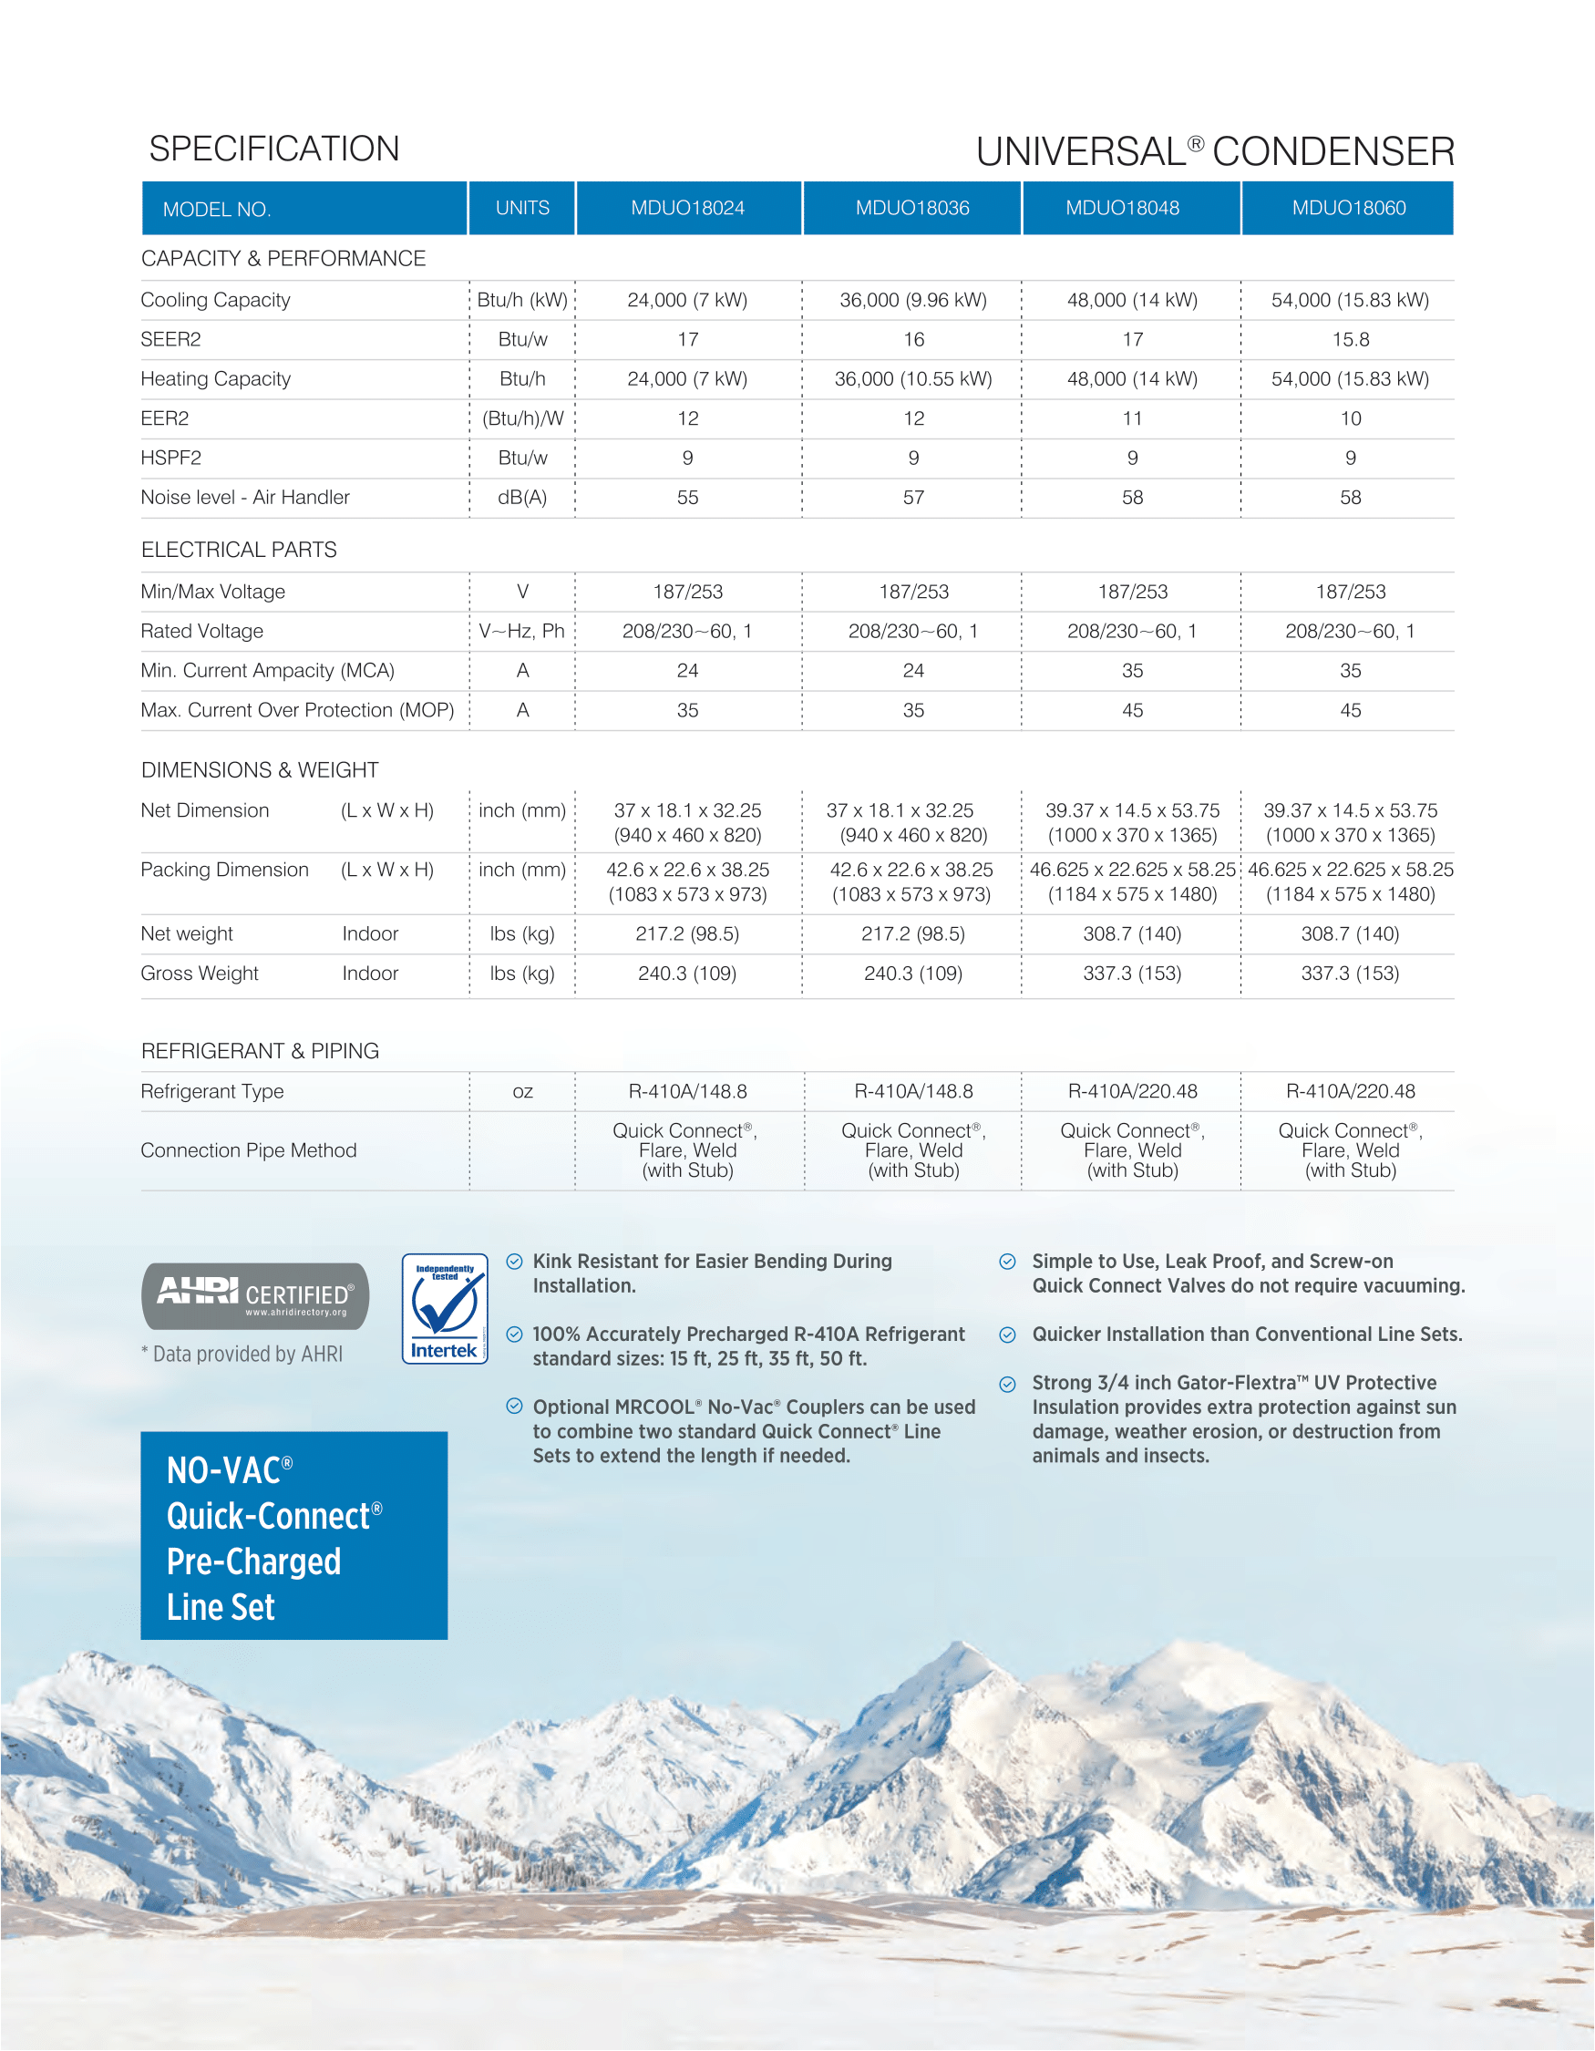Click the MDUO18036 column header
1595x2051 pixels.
pyautogui.click(x=911, y=208)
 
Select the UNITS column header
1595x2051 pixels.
pyautogui.click(x=522, y=208)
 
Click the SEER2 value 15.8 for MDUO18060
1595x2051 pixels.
pyautogui.click(x=1350, y=339)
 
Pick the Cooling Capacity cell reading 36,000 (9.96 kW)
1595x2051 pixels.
pyautogui.click(x=912, y=300)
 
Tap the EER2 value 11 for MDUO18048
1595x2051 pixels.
pyautogui.click(x=1132, y=417)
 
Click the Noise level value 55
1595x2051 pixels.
pyautogui.click(x=687, y=497)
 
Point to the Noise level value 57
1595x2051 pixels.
pyautogui.click(x=912, y=497)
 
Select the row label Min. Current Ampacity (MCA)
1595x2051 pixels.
pyautogui.click(x=268, y=671)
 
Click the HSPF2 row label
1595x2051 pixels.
pyautogui.click(x=170, y=458)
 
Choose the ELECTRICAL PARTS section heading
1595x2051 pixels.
pyautogui.click(x=239, y=550)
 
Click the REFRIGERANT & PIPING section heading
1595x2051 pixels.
pyautogui.click(x=260, y=1051)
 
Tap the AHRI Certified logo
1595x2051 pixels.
pyautogui.click(x=255, y=1296)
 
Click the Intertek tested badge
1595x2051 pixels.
pyautogui.click(x=445, y=1308)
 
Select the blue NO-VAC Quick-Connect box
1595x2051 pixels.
pyautogui.click(x=293, y=1535)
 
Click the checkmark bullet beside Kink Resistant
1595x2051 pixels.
pyautogui.click(x=514, y=1262)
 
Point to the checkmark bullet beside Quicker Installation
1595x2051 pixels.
pyautogui.click(x=1007, y=1335)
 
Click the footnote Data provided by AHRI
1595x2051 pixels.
pyautogui.click(x=242, y=1354)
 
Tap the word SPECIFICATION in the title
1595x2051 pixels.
pyautogui.click(x=274, y=149)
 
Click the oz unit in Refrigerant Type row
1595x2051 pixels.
pyautogui.click(x=522, y=1091)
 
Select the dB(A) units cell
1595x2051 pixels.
pyautogui.click(x=522, y=497)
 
